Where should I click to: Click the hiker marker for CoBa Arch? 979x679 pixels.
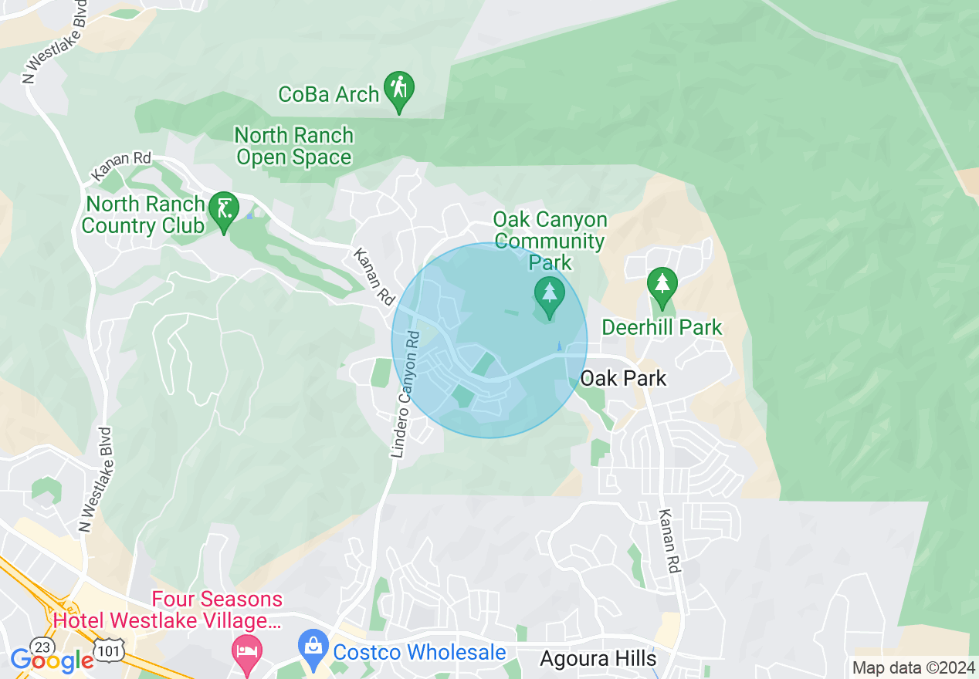[x=398, y=90]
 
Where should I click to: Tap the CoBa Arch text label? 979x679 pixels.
[x=328, y=95]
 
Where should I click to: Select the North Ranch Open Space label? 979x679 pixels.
[x=293, y=147]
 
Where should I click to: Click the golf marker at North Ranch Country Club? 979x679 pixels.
[x=224, y=211]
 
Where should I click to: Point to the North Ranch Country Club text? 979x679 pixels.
[x=144, y=215]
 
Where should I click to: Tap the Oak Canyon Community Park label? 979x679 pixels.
[x=550, y=241]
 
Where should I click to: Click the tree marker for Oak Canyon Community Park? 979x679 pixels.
[x=549, y=296]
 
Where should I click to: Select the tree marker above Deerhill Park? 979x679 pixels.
[x=662, y=285]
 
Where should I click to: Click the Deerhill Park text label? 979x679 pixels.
[x=662, y=327]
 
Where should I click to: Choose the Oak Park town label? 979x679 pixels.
[x=622, y=379]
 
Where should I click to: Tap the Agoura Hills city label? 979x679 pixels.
[x=598, y=659]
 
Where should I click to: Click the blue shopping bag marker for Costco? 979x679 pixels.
[x=313, y=648]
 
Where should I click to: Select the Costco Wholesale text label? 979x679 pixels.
[x=418, y=652]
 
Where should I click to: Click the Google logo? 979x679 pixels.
[x=52, y=660]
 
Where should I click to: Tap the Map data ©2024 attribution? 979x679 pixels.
[x=913, y=667]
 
